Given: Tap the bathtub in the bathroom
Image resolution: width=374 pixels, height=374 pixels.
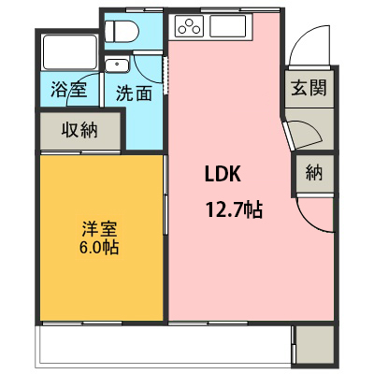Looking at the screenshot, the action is click(70, 52).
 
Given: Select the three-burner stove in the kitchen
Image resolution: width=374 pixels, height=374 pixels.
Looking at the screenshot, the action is click(189, 26).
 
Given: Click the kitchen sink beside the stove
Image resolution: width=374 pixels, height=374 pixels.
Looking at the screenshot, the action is click(228, 26).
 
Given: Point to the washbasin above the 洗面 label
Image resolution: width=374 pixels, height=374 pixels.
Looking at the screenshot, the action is click(117, 65).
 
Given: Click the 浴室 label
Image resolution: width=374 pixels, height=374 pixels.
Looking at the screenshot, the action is click(68, 90).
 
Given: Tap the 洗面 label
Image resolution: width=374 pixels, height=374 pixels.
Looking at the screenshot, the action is click(134, 93).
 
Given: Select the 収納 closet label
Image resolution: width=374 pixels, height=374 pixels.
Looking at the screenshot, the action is click(79, 129).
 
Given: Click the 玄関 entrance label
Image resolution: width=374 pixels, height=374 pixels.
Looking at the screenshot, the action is click(309, 87).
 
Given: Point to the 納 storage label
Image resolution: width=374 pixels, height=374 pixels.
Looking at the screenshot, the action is click(314, 172).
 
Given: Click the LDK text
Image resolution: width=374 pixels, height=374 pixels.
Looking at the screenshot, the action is click(223, 174).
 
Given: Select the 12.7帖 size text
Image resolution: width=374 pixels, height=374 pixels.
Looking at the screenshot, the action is click(234, 209).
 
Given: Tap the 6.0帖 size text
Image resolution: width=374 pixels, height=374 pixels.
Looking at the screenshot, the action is click(99, 248).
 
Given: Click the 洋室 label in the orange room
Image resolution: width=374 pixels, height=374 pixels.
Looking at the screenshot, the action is click(99, 229).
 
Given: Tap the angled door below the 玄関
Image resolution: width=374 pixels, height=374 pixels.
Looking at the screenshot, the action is click(289, 137).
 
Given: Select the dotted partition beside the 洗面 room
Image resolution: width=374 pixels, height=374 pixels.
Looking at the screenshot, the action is click(165, 75).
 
